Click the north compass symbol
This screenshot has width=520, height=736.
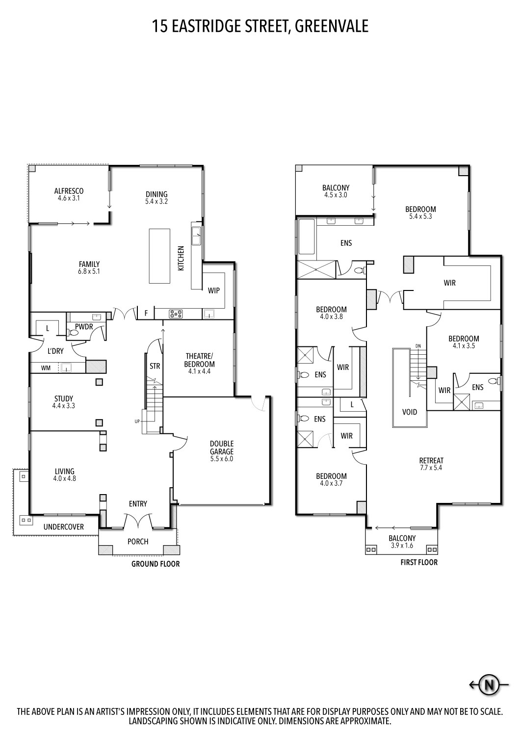[x=489, y=684]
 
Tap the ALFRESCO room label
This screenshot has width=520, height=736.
[x=69, y=191]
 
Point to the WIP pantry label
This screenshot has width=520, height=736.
[x=214, y=290]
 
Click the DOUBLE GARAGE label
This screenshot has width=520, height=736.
[x=222, y=447]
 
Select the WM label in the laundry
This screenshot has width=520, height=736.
[x=46, y=368]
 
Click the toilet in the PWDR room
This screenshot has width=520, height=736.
[x=74, y=332]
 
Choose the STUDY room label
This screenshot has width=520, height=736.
[x=63, y=398]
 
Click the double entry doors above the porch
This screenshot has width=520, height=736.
[x=138, y=521]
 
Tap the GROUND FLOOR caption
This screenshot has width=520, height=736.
[x=155, y=564]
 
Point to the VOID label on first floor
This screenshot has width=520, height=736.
[x=410, y=412]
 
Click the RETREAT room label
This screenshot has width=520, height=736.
[x=431, y=460]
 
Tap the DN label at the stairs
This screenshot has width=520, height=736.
[x=418, y=346]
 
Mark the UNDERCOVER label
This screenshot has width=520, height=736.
[x=63, y=527]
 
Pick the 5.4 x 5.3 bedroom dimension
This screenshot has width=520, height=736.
[x=420, y=216]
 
